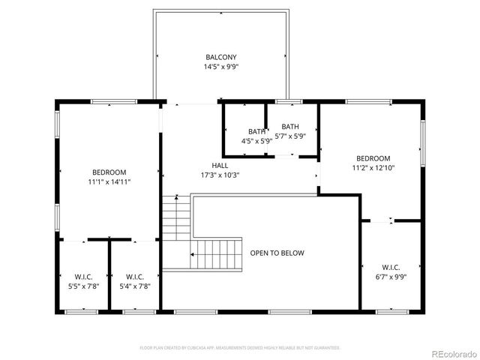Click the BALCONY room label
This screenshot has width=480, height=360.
pos(221,57)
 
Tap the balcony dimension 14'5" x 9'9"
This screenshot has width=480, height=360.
pos(221,67)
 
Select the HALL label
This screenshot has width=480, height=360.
pos(220,166)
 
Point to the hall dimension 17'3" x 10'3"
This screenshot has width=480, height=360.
pos(220,175)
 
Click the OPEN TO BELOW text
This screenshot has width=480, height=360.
pos(277,253)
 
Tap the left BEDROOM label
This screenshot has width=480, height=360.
pos(109,172)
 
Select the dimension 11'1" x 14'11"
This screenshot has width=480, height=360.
pos(109,181)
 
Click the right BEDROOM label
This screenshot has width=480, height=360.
pos(373,158)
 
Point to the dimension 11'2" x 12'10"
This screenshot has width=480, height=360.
pos(373,168)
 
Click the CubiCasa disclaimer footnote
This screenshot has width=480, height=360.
pos(240,348)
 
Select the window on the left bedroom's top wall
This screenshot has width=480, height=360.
pos(113,101)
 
